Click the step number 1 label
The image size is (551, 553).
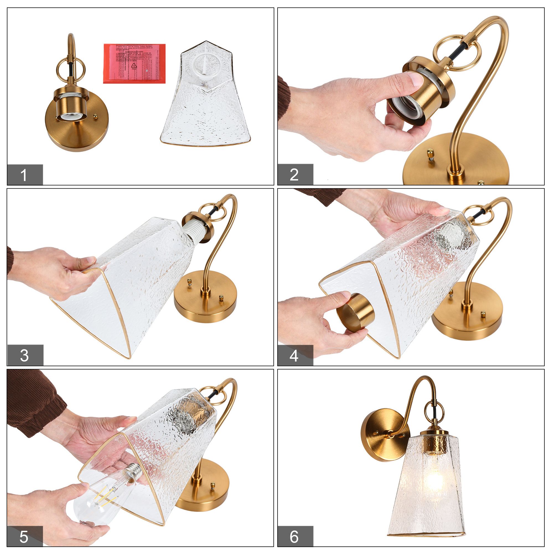click(25, 175)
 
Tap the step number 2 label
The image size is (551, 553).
click(295, 174)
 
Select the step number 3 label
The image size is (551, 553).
click(25, 355)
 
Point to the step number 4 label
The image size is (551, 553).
click(295, 356)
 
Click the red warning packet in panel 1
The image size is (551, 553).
click(134, 64)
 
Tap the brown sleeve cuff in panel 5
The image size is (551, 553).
click(34, 401)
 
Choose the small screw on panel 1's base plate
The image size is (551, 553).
click(96, 116)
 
